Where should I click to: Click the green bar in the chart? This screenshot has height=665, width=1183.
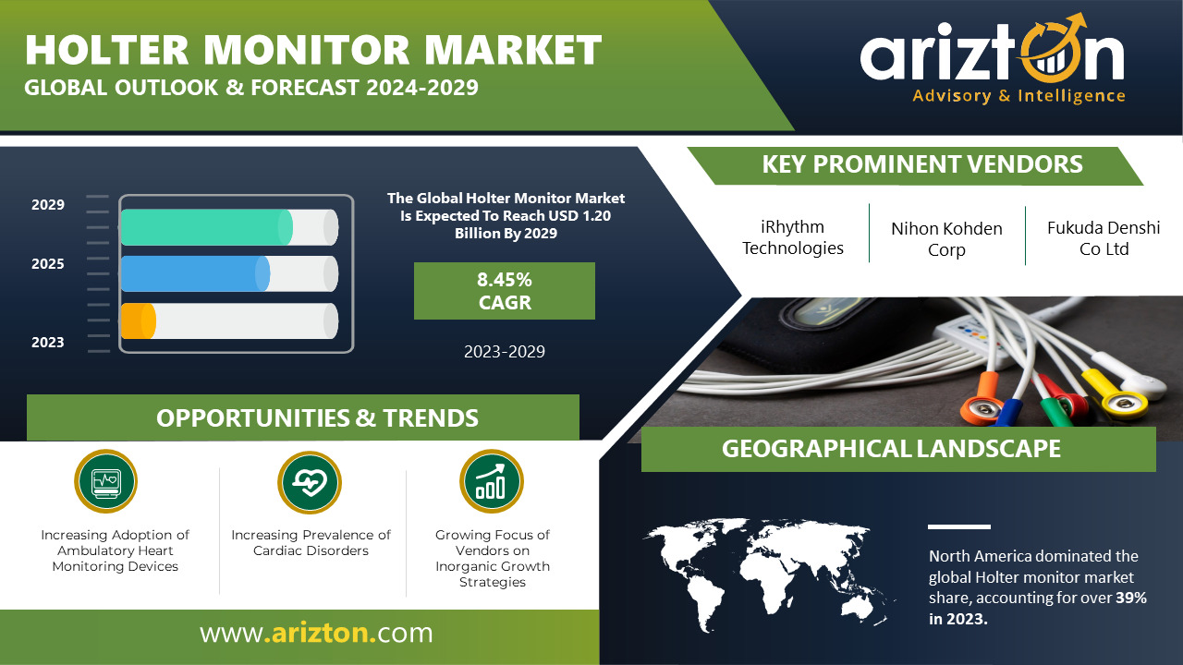click(206, 227)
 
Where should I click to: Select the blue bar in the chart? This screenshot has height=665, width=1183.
click(195, 274)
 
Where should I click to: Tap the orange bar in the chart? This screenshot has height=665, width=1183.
click(139, 320)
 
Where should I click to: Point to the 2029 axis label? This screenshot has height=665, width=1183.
click(47, 205)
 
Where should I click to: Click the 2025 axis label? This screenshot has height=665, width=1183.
click(47, 264)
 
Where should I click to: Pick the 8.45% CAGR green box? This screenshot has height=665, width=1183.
click(505, 291)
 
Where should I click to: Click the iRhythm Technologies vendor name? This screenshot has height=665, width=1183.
click(793, 237)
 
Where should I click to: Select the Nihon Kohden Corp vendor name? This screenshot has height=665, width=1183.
click(946, 239)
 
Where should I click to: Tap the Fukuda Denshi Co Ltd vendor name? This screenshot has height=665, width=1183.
click(1104, 238)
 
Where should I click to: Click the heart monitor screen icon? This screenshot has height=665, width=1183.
click(105, 481)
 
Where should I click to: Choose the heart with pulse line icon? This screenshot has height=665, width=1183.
click(310, 482)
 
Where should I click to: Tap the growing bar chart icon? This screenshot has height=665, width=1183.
click(491, 481)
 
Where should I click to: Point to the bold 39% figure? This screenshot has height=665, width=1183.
click(1130, 598)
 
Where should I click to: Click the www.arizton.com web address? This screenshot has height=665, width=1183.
click(316, 633)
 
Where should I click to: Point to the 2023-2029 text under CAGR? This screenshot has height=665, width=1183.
click(505, 352)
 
